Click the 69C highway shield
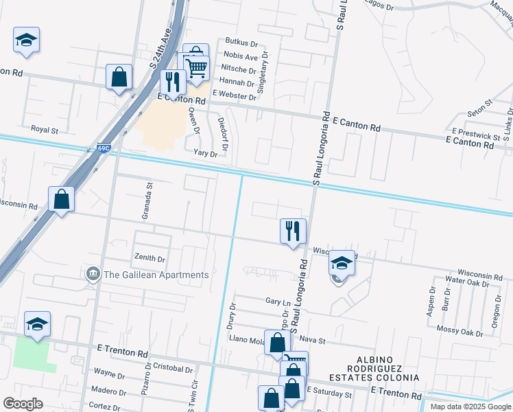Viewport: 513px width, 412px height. pyautogui.click(x=103, y=148)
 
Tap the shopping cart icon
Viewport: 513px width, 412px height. pyautogui.click(x=197, y=67)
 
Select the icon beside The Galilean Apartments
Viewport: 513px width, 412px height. pyautogui.click(x=92, y=275)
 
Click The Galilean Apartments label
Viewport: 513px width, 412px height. pyautogui.click(x=155, y=275)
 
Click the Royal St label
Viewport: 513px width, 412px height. pyautogui.click(x=45, y=129)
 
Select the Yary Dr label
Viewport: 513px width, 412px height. pyautogui.click(x=205, y=154)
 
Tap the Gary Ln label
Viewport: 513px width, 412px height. pyautogui.click(x=278, y=301)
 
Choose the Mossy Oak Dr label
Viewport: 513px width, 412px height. pyautogui.click(x=461, y=330)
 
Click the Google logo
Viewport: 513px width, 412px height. pyautogui.click(x=23, y=403)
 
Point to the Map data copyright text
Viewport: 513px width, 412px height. pyautogui.click(x=470, y=407)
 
